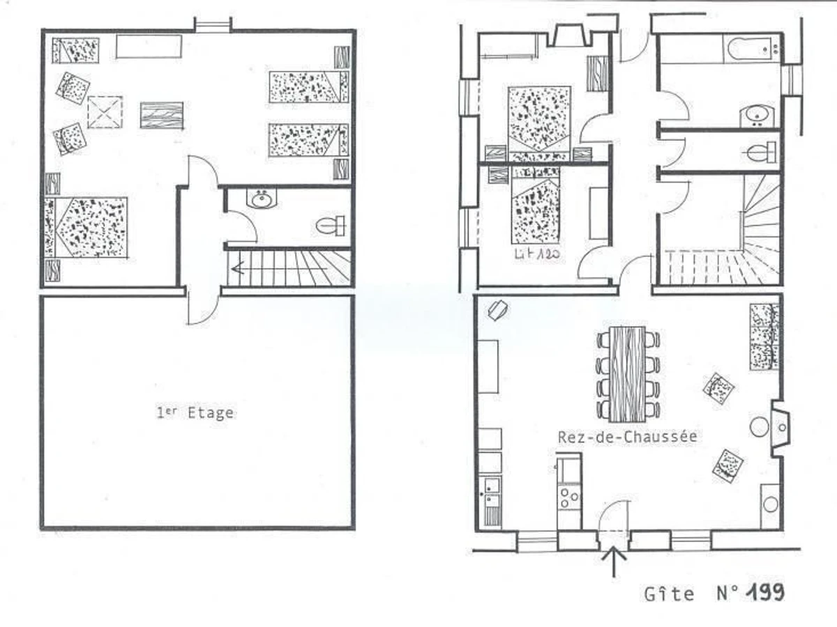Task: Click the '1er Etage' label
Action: coord(195,412)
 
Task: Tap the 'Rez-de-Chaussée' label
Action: coord(627,437)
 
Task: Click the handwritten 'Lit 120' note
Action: coord(537,254)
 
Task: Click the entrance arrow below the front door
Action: coord(614,562)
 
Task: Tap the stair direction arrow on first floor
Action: coord(280,269)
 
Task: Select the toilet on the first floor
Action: coord(330,226)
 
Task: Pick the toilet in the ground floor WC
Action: coord(761,153)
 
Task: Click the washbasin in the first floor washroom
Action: coord(260,198)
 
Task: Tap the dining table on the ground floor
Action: coord(628,374)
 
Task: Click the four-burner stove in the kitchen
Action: coord(569,497)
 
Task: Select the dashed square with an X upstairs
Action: coord(105,112)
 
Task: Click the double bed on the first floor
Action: coord(86,227)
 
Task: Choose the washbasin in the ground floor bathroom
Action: coord(757,116)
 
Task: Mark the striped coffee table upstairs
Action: coord(162,115)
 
